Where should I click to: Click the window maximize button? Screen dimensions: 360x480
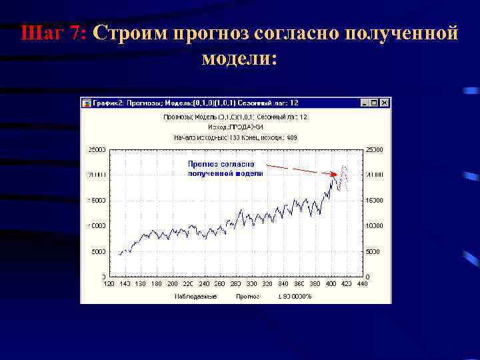coord(374,103)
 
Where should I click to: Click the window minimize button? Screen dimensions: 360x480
coord(365,103)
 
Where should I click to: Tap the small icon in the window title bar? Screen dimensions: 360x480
coord(86,103)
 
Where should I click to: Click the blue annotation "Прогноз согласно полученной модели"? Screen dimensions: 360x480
coord(225,168)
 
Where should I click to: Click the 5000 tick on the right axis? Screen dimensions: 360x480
coord(374,251)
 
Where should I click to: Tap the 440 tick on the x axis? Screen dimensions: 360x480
coord(362,283)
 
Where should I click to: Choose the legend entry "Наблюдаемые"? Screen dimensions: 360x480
coord(195,295)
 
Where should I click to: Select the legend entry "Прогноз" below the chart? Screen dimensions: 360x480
coord(247,295)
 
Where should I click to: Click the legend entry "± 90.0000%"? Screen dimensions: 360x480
coord(294,295)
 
